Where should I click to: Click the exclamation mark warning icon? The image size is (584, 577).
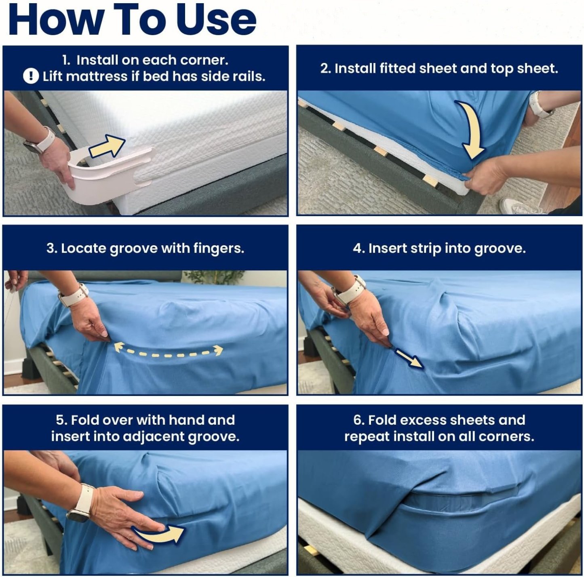coord(31,76)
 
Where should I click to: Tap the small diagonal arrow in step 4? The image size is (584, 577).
coord(409,358)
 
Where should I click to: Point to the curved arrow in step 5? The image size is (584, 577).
coord(160,534)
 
